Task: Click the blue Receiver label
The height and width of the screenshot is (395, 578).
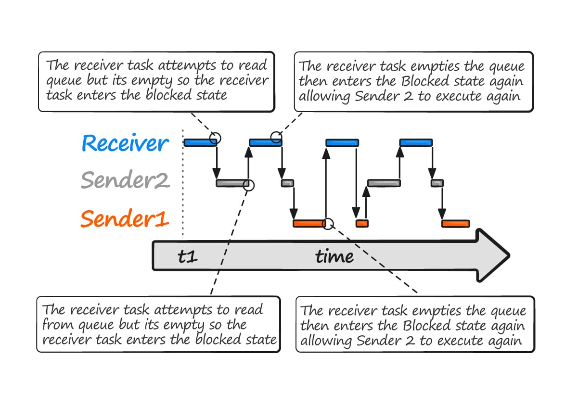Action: tap(125, 143)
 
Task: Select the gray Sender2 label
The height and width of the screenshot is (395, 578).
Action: tap(125, 181)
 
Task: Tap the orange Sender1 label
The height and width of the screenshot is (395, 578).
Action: tap(125, 219)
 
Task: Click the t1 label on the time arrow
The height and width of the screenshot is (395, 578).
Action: tap(187, 256)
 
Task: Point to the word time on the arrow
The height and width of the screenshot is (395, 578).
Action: tap(334, 256)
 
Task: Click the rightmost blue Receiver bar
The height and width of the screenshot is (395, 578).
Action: tap(416, 142)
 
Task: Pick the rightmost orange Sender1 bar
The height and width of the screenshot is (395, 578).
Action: tap(456, 224)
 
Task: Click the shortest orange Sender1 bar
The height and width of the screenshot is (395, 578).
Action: tap(362, 223)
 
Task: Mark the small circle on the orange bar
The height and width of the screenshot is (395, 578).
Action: tap(328, 223)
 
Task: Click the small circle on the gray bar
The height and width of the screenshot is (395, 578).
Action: tap(249, 184)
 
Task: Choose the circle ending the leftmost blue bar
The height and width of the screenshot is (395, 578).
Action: tap(216, 139)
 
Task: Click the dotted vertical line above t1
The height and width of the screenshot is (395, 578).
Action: tap(183, 183)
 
